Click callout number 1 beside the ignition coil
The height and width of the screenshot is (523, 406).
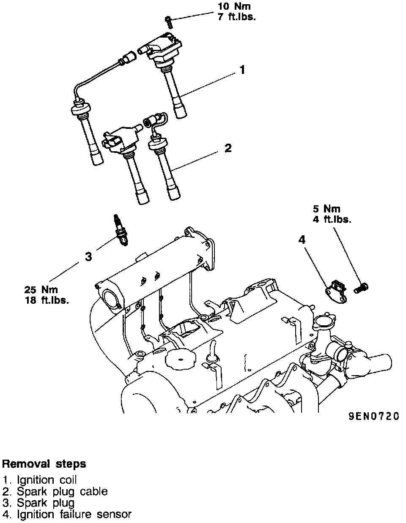242,70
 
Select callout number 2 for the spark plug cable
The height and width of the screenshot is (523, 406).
228,148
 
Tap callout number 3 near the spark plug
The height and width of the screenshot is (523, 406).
88,256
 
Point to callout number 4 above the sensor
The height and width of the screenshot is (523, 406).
302,240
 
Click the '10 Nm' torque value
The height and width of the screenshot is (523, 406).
234,7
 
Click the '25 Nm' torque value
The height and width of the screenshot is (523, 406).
41,290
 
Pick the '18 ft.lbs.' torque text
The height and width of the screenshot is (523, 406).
47,301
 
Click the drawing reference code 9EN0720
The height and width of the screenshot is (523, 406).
373,416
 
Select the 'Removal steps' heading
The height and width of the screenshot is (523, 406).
44,464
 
